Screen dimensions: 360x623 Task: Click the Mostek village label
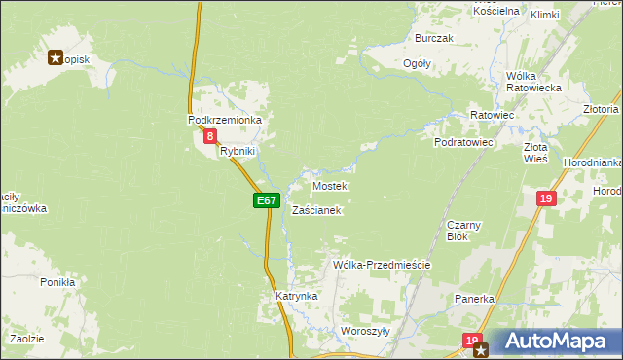coord(329,185)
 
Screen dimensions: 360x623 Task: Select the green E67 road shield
coord(268,200)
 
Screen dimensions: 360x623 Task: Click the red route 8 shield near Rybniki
coord(210,137)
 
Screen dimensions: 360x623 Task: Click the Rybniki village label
coord(238,151)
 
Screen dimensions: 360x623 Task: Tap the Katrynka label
coord(296,295)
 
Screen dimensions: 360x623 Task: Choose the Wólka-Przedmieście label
coord(382,265)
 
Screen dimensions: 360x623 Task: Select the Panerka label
coord(475,299)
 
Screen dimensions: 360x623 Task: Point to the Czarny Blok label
coord(458,230)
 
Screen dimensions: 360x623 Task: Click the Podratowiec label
coord(464,142)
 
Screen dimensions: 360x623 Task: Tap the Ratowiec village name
coord(492,115)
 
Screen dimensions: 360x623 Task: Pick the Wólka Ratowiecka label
coord(534,82)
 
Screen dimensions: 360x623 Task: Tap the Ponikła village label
coord(57,282)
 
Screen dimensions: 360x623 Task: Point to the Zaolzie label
coord(26,339)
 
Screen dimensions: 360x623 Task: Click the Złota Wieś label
coord(535,151)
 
